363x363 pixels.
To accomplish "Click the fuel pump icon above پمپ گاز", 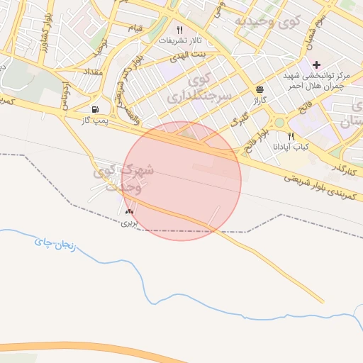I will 94,110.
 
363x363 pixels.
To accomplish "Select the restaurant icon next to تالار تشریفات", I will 179,30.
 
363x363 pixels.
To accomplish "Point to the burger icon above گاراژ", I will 259,90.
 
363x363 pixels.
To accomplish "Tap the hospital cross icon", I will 316,65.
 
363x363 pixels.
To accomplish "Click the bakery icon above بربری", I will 129,211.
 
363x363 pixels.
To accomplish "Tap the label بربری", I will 128,222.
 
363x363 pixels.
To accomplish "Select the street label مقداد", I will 93,72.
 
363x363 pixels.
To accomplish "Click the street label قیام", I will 134,28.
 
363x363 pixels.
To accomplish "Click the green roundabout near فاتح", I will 279,122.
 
